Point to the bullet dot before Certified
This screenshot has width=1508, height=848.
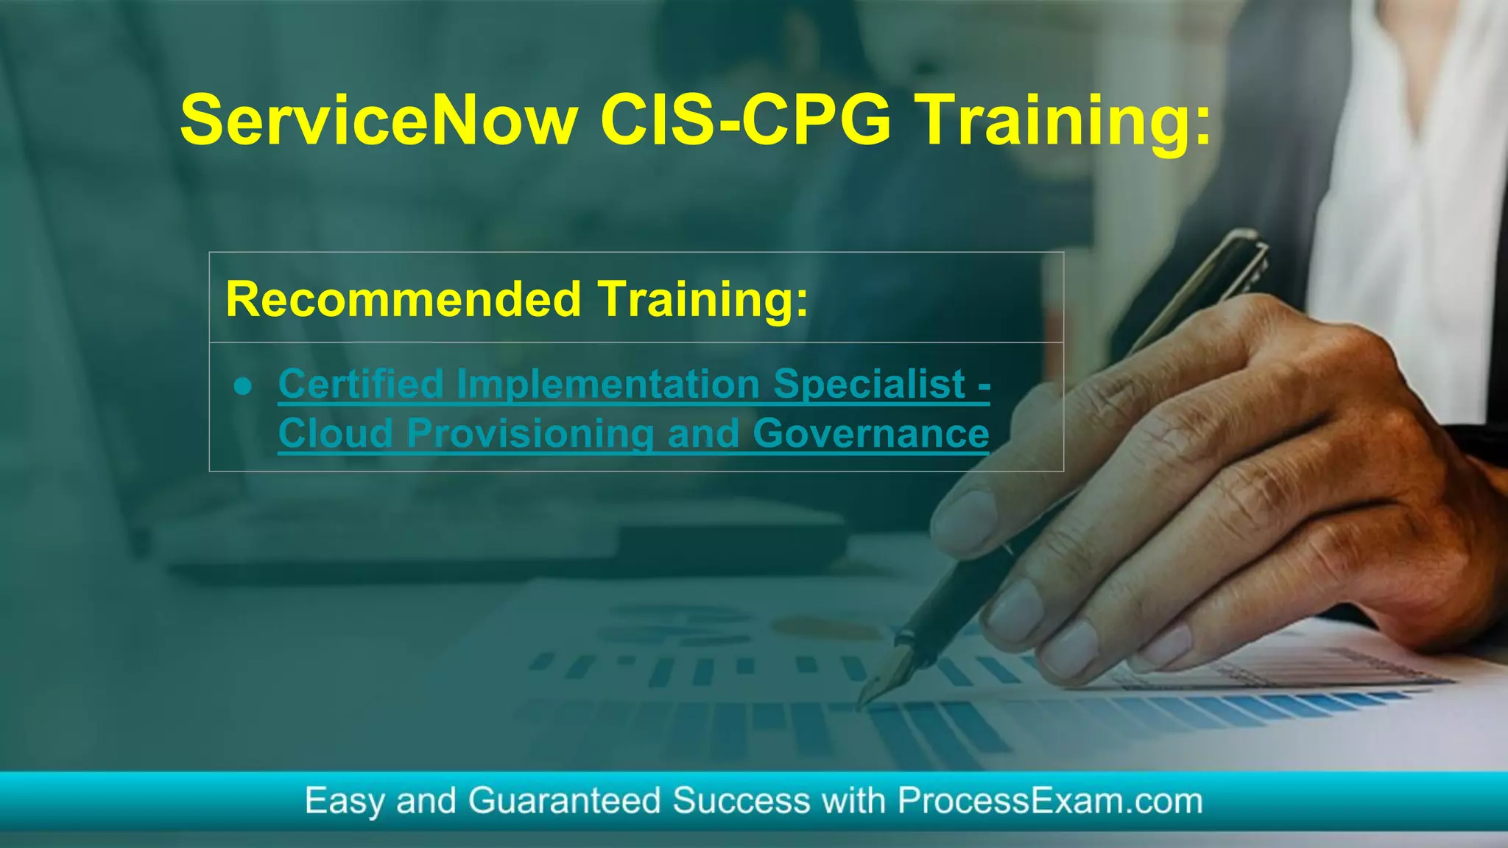pyautogui.click(x=244, y=386)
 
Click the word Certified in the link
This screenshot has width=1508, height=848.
pyautogui.click(x=361, y=384)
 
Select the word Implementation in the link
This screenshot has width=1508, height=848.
pyautogui.click(x=608, y=384)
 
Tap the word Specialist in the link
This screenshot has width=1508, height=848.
pyautogui.click(x=870, y=384)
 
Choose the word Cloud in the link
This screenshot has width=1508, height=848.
pyautogui.click(x=336, y=433)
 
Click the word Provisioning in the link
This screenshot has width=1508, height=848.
pyautogui.click(x=530, y=433)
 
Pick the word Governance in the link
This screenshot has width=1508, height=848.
pyautogui.click(x=871, y=433)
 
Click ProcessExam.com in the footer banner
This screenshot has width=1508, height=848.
pyautogui.click(x=1050, y=801)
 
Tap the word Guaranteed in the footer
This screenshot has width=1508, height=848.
pyautogui.click(x=564, y=801)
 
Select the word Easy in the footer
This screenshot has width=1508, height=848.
pyautogui.click(x=344, y=801)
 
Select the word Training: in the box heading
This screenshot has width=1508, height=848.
pyautogui.click(x=703, y=299)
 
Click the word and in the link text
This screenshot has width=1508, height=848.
pyautogui.click(x=703, y=433)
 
